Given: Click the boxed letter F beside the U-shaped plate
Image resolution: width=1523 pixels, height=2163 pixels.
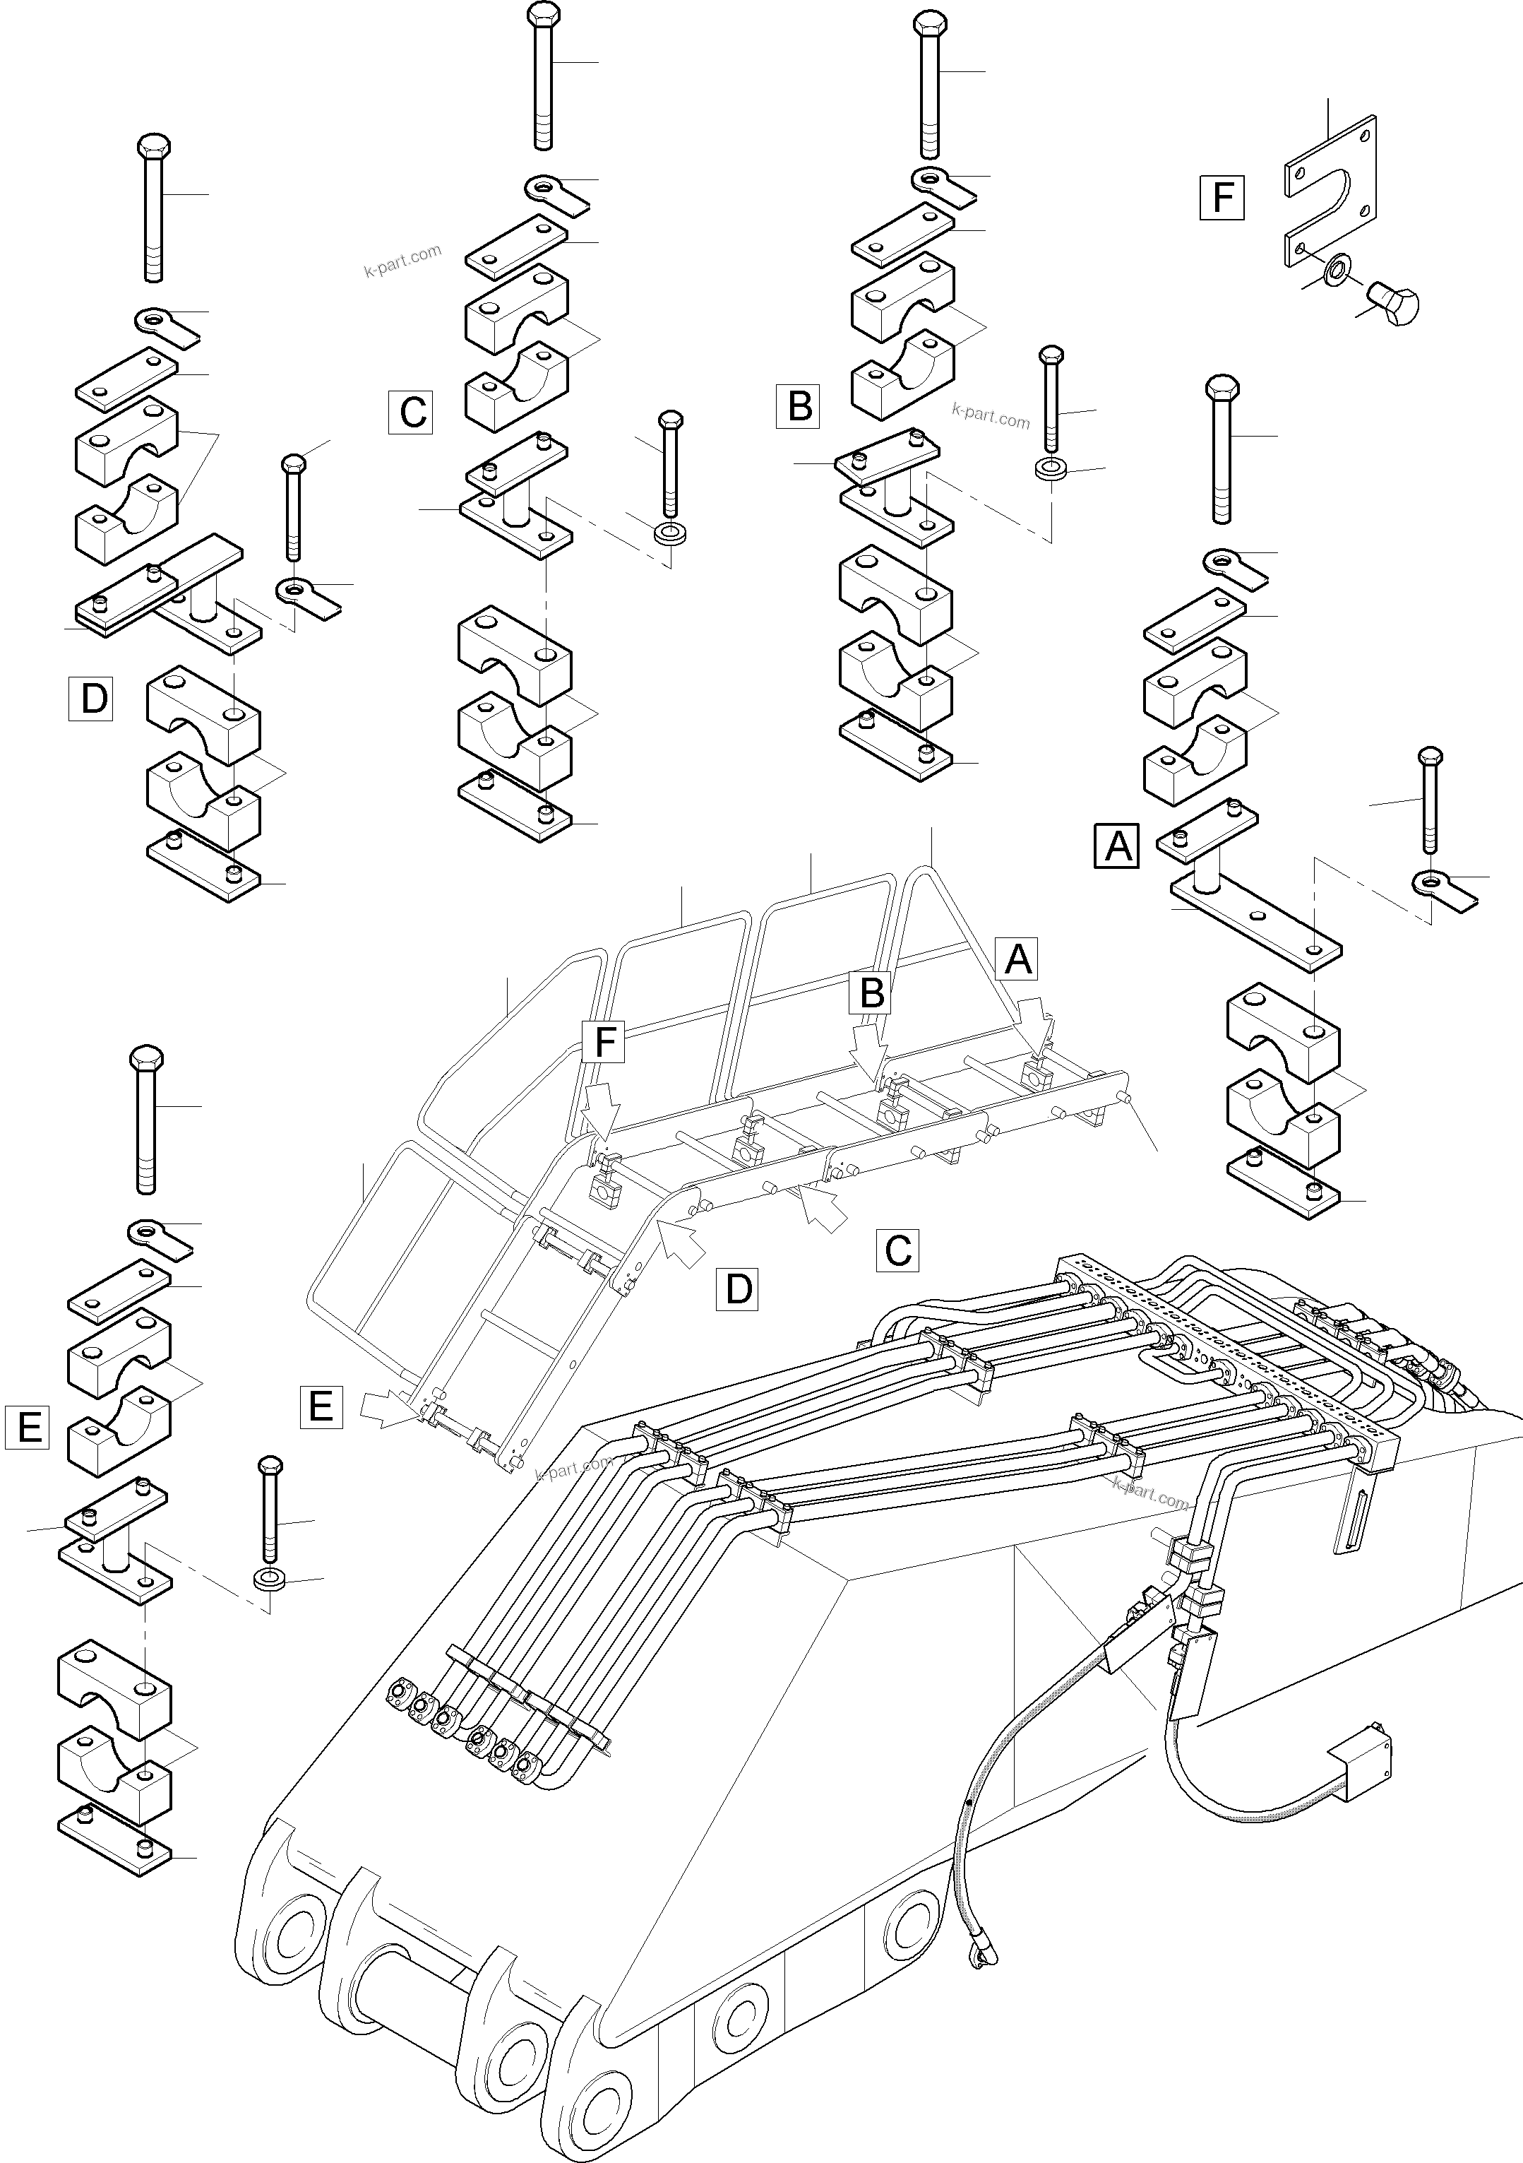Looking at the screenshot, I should (x=1222, y=198).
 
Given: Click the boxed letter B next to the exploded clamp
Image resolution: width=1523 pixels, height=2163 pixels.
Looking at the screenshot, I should (x=798, y=406).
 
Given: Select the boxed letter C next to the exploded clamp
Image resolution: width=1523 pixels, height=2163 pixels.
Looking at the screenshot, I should (x=411, y=413).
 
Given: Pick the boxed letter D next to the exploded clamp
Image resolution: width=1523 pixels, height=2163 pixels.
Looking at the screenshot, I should (x=91, y=698).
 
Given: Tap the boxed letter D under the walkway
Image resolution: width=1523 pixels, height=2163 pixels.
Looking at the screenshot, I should (x=737, y=1288).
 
